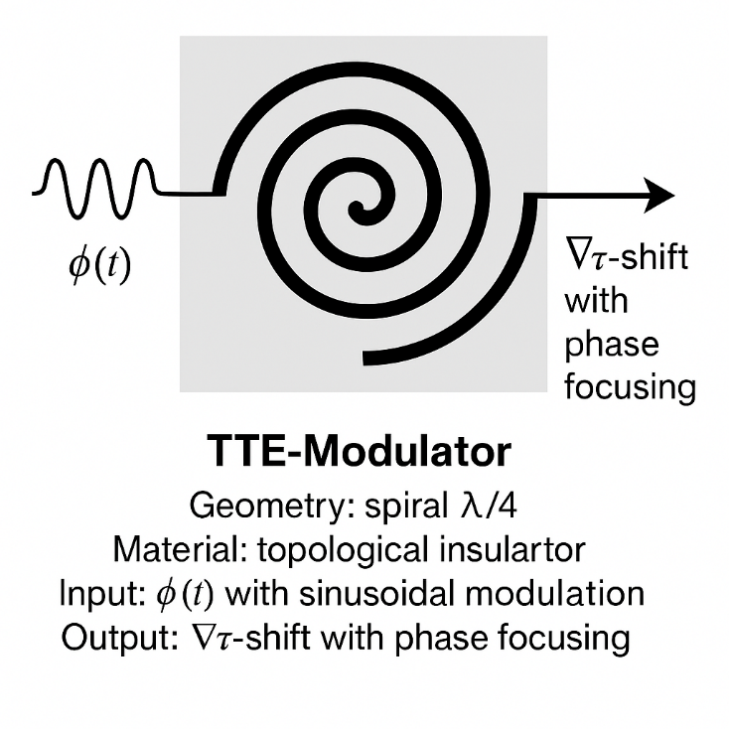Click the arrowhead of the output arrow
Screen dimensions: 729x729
[659, 193]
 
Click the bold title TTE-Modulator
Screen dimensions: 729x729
[361, 453]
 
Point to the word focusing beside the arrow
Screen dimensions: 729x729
[630, 385]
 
